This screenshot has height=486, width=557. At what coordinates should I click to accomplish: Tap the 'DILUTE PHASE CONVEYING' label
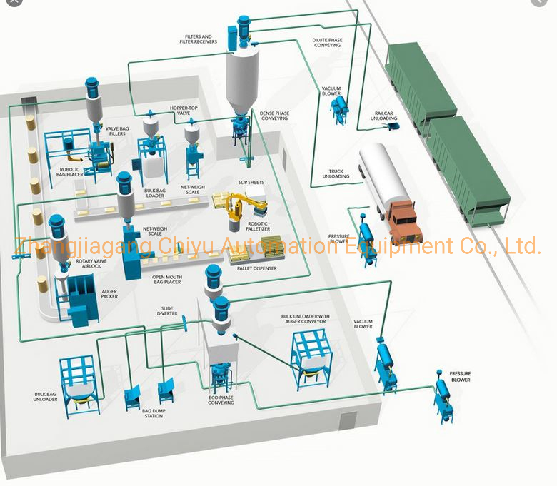[327, 43]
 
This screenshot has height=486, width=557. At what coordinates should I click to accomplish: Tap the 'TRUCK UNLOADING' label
[336, 173]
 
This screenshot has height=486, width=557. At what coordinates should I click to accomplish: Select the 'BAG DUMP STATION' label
[153, 413]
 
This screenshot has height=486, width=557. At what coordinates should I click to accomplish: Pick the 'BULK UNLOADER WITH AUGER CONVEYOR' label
[304, 318]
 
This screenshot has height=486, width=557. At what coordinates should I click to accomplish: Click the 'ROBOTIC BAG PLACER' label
[74, 172]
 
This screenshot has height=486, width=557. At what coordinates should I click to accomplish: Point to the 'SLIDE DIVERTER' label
[168, 311]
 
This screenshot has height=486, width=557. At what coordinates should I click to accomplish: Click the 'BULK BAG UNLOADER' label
[46, 396]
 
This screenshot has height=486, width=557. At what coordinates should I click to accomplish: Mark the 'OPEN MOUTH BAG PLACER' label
[161, 280]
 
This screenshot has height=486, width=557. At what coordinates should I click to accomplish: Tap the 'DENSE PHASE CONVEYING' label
[275, 116]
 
